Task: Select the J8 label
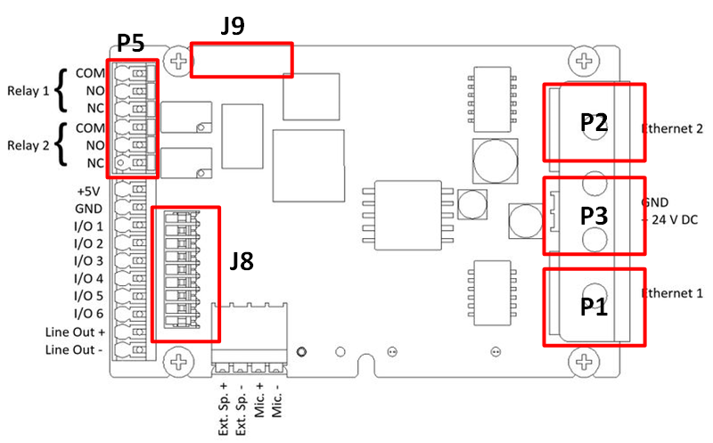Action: (x=242, y=261)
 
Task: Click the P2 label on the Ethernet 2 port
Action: (x=594, y=123)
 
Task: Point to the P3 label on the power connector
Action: (x=594, y=216)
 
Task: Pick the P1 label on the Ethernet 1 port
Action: (x=594, y=307)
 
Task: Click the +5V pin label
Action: (x=91, y=191)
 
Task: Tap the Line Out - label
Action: (x=74, y=349)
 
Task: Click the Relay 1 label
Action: (x=28, y=90)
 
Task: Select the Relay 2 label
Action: (x=28, y=145)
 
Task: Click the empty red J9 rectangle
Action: (x=242, y=59)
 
